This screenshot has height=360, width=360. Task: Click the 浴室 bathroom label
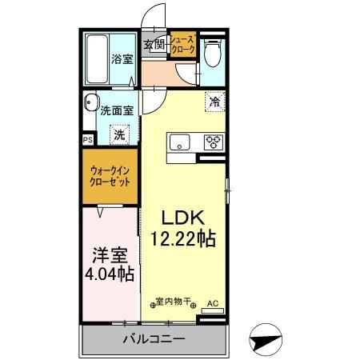[x=121, y=58]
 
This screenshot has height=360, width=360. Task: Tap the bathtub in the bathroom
[x=97, y=60]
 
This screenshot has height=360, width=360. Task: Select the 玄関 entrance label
[x=154, y=45]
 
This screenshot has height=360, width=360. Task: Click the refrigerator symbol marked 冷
[x=214, y=102]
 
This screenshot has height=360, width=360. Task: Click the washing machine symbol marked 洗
[x=119, y=135]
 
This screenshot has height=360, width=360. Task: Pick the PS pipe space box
[x=87, y=138]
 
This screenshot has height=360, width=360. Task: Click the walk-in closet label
[x=111, y=175]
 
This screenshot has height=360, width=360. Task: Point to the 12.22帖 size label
[x=186, y=238]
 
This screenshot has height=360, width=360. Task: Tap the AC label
[x=212, y=303]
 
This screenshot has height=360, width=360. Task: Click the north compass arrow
[x=267, y=339]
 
